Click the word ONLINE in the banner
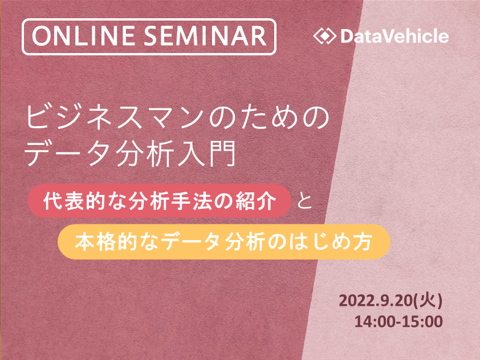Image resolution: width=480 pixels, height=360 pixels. [x=84, y=36]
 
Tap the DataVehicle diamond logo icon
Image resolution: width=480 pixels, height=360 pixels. [x=325, y=36]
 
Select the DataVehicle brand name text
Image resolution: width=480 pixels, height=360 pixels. [x=394, y=36]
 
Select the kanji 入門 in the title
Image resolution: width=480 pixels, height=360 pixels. [x=208, y=153]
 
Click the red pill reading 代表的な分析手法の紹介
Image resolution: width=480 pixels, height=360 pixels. [x=159, y=201]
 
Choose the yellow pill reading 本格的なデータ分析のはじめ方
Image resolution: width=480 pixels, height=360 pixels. [x=224, y=241]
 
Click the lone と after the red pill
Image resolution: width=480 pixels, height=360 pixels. [x=304, y=201]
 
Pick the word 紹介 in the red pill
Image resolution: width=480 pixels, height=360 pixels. [x=256, y=201]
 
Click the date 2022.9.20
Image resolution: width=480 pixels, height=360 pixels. [x=376, y=301]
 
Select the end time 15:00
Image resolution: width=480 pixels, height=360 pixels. [x=422, y=322]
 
